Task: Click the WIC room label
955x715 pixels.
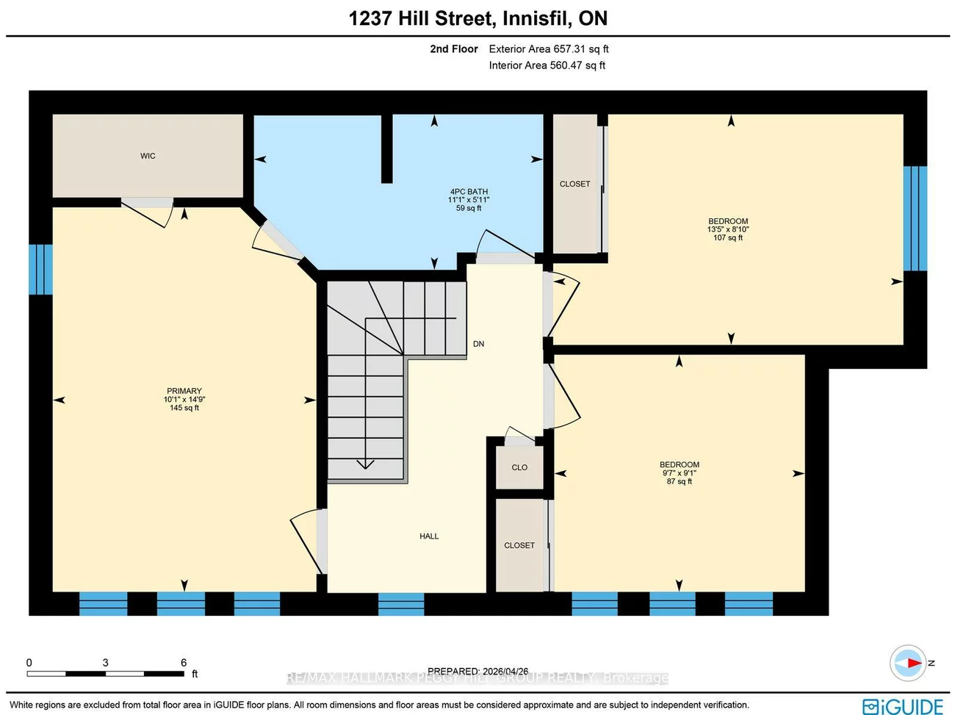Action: [148, 156]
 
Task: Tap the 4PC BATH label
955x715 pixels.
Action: [469, 192]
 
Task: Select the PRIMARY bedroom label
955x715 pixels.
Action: [184, 391]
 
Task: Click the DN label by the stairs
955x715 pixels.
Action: [478, 344]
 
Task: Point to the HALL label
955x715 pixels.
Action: [429, 536]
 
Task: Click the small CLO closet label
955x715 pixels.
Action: [519, 467]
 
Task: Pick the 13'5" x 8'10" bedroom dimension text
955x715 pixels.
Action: [727, 229]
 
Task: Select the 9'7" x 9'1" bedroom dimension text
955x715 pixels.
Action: [679, 473]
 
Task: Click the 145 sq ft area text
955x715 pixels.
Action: [184, 408]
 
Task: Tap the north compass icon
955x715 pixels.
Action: [908, 663]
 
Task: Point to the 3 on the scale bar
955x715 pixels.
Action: [105, 663]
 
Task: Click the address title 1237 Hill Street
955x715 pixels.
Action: [478, 18]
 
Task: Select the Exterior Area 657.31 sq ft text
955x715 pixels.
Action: [549, 49]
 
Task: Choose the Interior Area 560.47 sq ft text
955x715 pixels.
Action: [547, 65]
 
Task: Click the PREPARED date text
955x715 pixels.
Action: [478, 671]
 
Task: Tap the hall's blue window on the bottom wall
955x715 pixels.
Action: [401, 604]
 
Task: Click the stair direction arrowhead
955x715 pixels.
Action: [365, 464]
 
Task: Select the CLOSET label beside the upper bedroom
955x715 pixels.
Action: [574, 184]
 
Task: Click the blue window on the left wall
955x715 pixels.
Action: [40, 269]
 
